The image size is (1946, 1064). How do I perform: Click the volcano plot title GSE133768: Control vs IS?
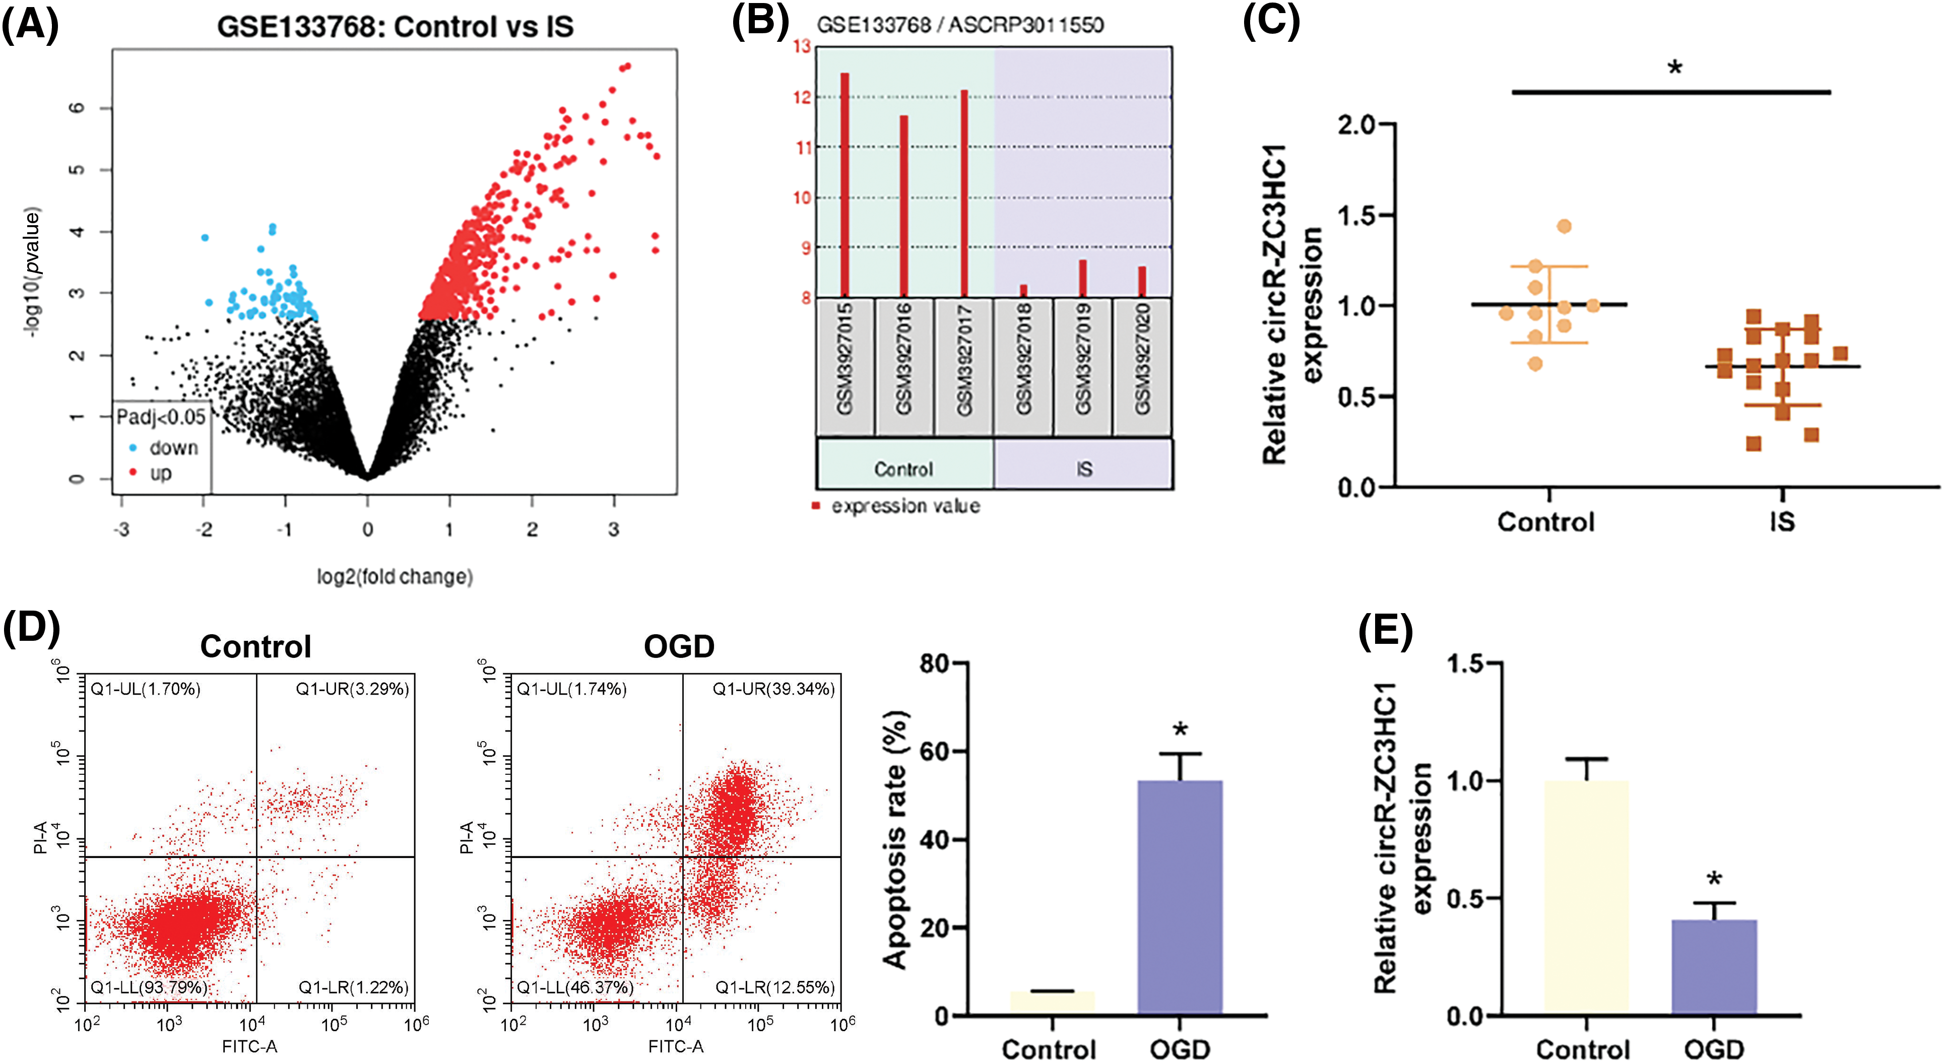(395, 27)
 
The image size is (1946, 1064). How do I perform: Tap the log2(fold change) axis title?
(395, 577)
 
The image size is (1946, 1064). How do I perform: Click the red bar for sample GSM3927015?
(845, 184)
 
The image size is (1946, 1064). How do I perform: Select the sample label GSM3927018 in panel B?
(1023, 359)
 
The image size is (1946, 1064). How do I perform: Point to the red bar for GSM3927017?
(964, 192)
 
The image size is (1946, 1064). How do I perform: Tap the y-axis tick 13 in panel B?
(802, 47)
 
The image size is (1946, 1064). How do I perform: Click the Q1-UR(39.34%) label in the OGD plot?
(773, 689)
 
